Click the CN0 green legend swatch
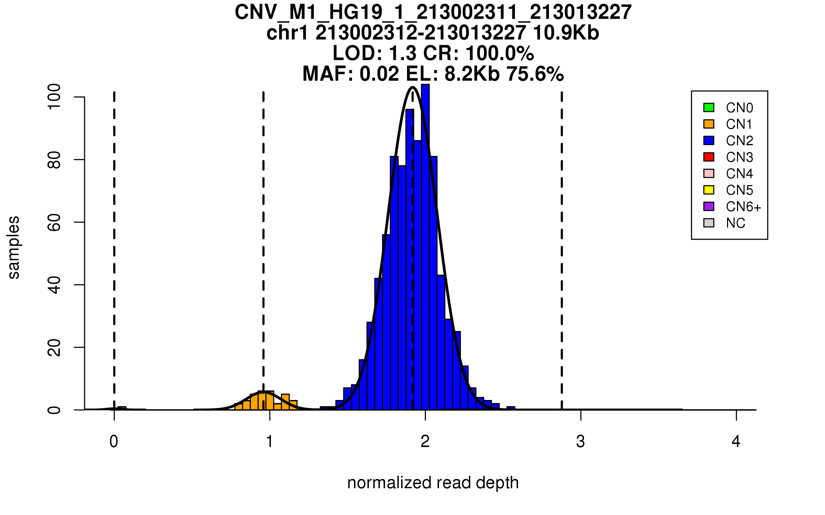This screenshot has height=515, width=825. tap(709, 107)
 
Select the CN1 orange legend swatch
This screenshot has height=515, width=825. tap(709, 124)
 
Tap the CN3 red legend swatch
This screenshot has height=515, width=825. tap(709, 157)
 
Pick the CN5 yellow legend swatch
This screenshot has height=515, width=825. tap(709, 190)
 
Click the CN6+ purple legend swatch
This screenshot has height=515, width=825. tap(709, 206)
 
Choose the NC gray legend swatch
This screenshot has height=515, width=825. tap(709, 223)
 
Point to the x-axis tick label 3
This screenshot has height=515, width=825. tap(581, 442)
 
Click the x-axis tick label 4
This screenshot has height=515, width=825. tap(736, 442)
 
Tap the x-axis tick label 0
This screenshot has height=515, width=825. tap(114, 442)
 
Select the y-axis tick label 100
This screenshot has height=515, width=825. tap(54, 97)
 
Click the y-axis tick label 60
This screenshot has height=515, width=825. tap(54, 222)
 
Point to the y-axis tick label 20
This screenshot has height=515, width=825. tap(54, 347)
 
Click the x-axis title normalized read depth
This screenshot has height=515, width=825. tap(433, 483)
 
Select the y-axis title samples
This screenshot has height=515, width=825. tap(14, 247)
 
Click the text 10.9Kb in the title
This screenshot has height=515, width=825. tap(566, 33)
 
